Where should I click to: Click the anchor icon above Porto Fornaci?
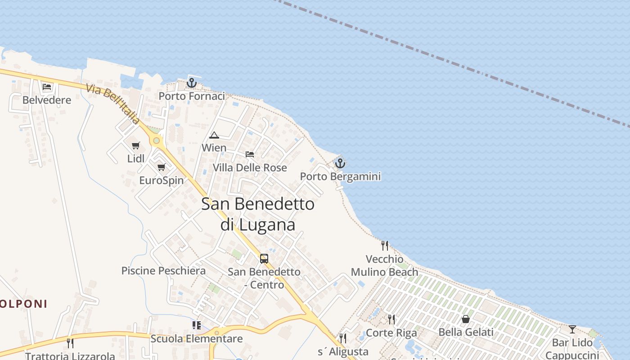coord(192,83)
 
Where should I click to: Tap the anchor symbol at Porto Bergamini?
coord(340,163)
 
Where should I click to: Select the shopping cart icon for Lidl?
coord(136,145)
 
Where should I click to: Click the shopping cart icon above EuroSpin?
coord(161,167)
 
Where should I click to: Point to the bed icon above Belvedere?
coord(47,87)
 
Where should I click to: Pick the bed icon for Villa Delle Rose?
coord(250,154)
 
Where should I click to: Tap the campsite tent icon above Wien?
coord(214,135)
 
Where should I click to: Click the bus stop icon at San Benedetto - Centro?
coord(264,259)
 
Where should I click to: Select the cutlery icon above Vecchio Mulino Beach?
coord(385,245)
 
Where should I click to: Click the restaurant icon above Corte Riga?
coord(391,319)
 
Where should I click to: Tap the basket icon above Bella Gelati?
coord(466,319)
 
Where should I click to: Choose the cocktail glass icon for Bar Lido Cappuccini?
coord(572,329)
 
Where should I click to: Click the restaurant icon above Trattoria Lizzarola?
coord(70,343)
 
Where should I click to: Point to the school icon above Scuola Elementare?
coord(197,325)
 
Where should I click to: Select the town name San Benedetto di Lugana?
coord(258,214)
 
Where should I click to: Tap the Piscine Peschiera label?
coord(163,271)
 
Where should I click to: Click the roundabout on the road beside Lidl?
coord(156,141)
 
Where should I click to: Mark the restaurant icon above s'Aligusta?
coord(343,338)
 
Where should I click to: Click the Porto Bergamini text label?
coord(340,176)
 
